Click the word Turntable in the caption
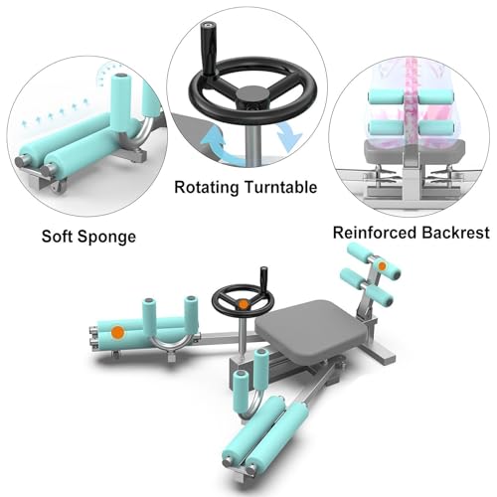[x=281, y=187]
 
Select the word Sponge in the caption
[x=106, y=238]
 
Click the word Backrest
[x=451, y=233]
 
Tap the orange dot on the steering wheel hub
[x=244, y=304]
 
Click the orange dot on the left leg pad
[x=118, y=331]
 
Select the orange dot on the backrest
[x=382, y=265]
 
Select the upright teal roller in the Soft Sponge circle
[x=120, y=102]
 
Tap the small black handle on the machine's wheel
[x=263, y=276]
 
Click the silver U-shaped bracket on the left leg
[x=171, y=343]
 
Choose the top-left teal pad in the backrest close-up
[x=386, y=96]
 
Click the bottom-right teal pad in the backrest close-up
[x=436, y=127]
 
